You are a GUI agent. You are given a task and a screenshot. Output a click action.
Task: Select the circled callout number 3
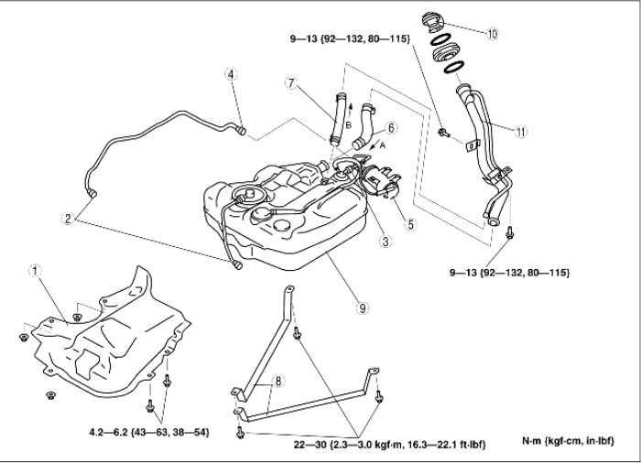tap(386, 242)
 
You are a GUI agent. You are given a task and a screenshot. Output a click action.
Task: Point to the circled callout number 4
tap(233, 74)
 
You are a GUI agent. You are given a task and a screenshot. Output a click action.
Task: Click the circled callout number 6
tap(391, 127)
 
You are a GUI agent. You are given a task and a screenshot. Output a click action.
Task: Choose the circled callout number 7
tap(290, 82)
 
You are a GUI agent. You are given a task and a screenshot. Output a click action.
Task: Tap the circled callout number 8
tap(278, 380)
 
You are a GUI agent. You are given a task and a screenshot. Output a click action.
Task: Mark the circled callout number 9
tap(363, 308)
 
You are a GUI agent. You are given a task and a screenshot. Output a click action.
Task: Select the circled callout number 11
tap(520, 131)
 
